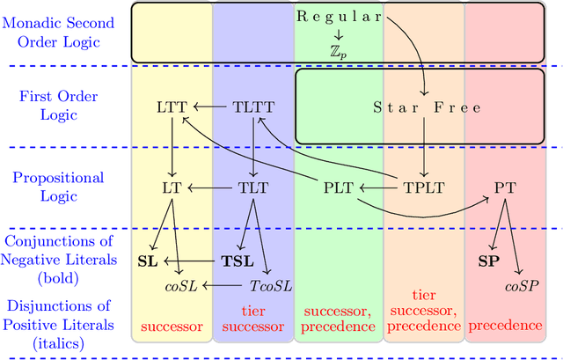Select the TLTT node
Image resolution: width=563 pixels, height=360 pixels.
(252, 107)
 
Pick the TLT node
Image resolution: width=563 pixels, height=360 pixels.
(252, 187)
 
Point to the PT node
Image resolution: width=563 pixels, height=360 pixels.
(505, 187)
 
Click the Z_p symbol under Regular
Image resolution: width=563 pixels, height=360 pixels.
(337, 51)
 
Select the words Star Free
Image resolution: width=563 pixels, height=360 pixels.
(427, 107)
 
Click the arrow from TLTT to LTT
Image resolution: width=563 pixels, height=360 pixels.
(211, 107)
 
